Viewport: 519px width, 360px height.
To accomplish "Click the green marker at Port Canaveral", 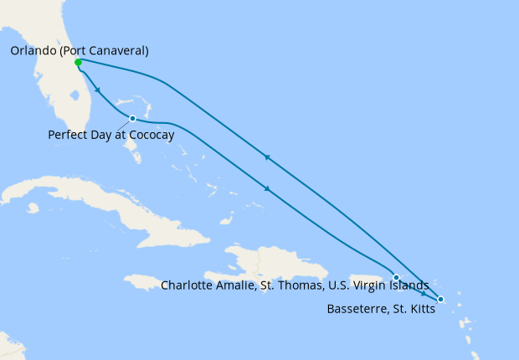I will (x=78, y=63).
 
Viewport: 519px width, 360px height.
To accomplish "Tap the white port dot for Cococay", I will (x=132, y=118).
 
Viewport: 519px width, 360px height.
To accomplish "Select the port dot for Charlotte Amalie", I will (x=396, y=277).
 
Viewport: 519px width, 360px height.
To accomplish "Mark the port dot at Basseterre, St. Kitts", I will (x=441, y=300).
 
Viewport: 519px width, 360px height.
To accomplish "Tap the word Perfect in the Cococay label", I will (x=69, y=134).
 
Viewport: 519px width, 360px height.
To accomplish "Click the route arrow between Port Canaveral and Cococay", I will (x=99, y=90).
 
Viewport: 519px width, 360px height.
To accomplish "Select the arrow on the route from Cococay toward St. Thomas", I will (x=267, y=188).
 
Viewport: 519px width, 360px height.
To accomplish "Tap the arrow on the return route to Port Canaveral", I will (x=266, y=157).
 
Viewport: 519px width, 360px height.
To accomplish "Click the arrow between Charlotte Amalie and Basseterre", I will (x=424, y=293).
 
